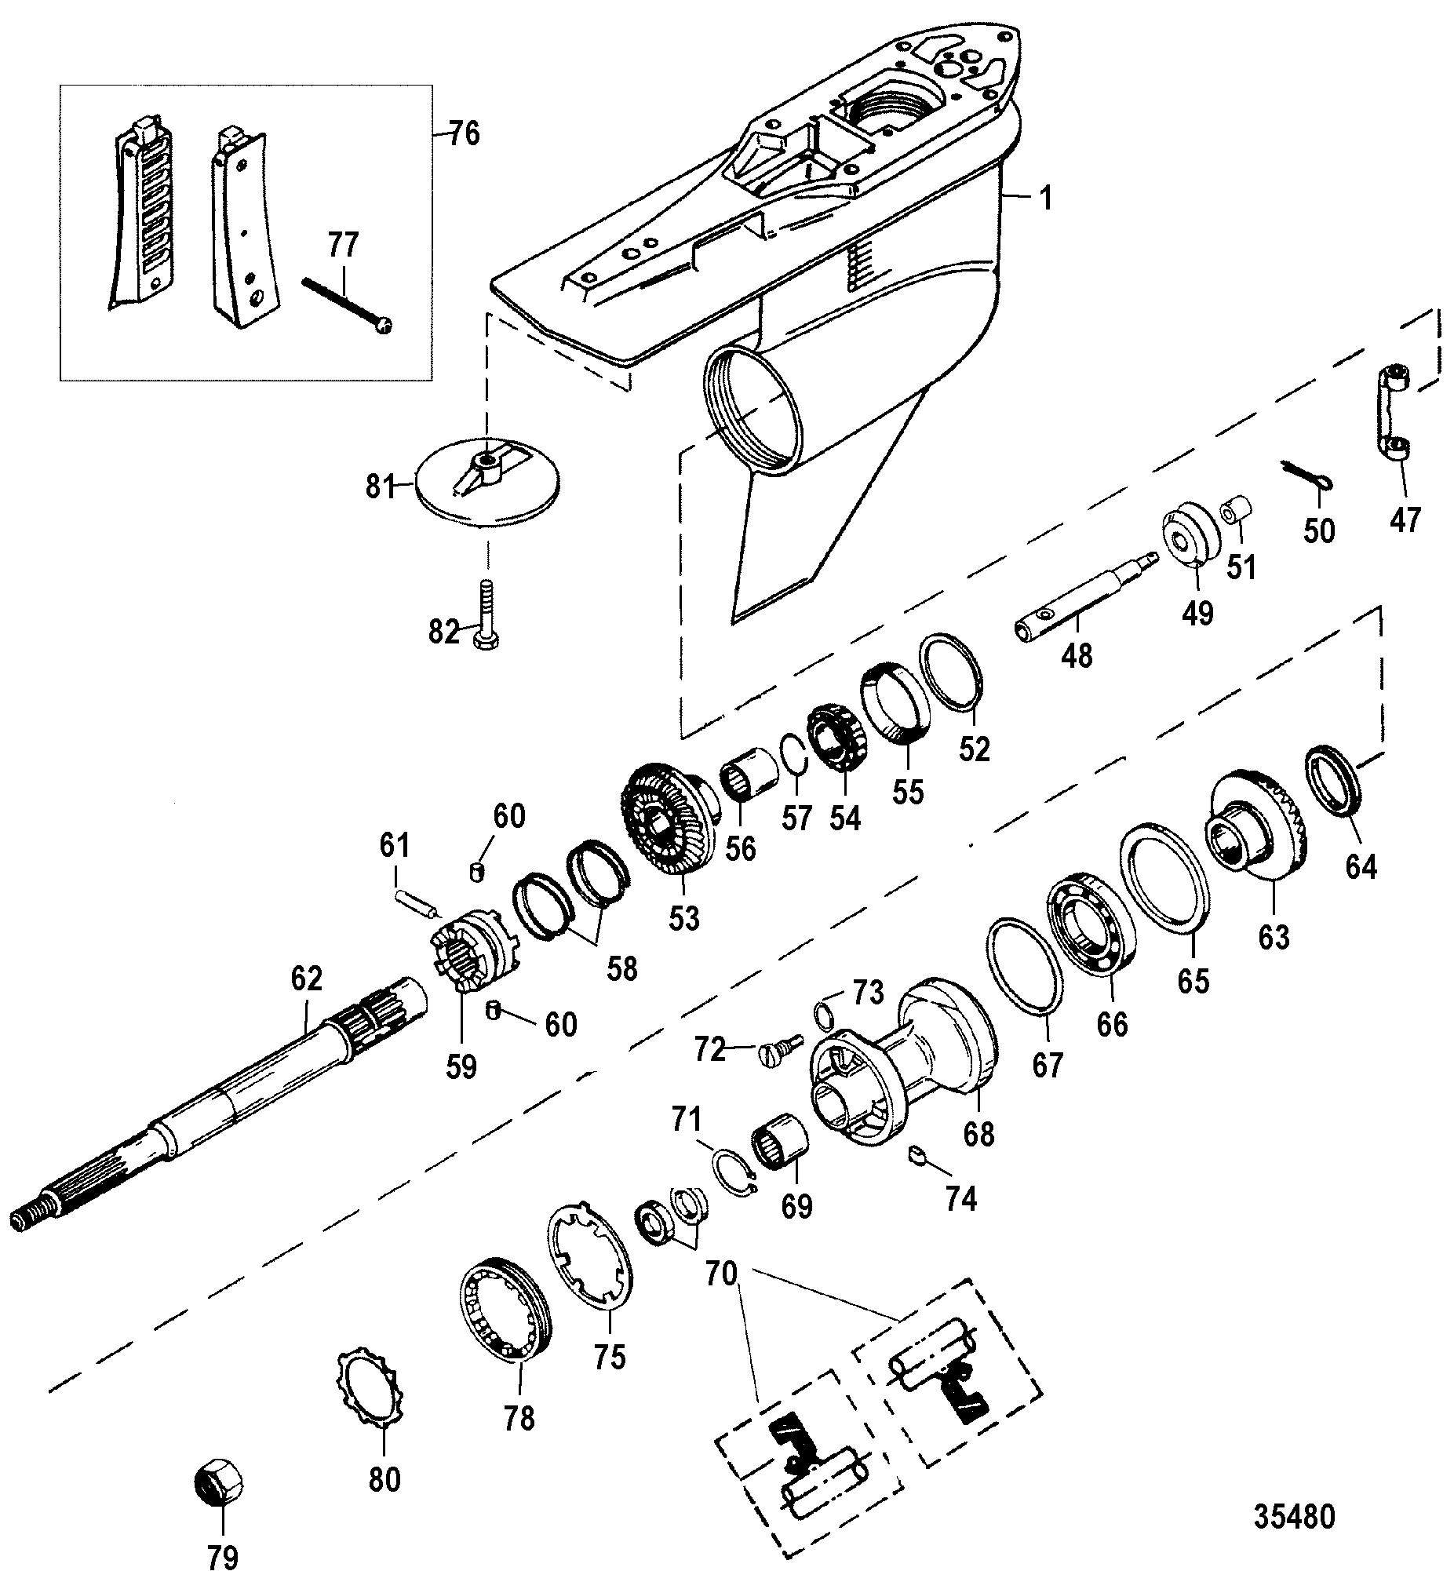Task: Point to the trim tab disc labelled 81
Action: [486, 483]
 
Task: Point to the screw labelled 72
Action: [782, 1046]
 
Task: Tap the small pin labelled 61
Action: [416, 902]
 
